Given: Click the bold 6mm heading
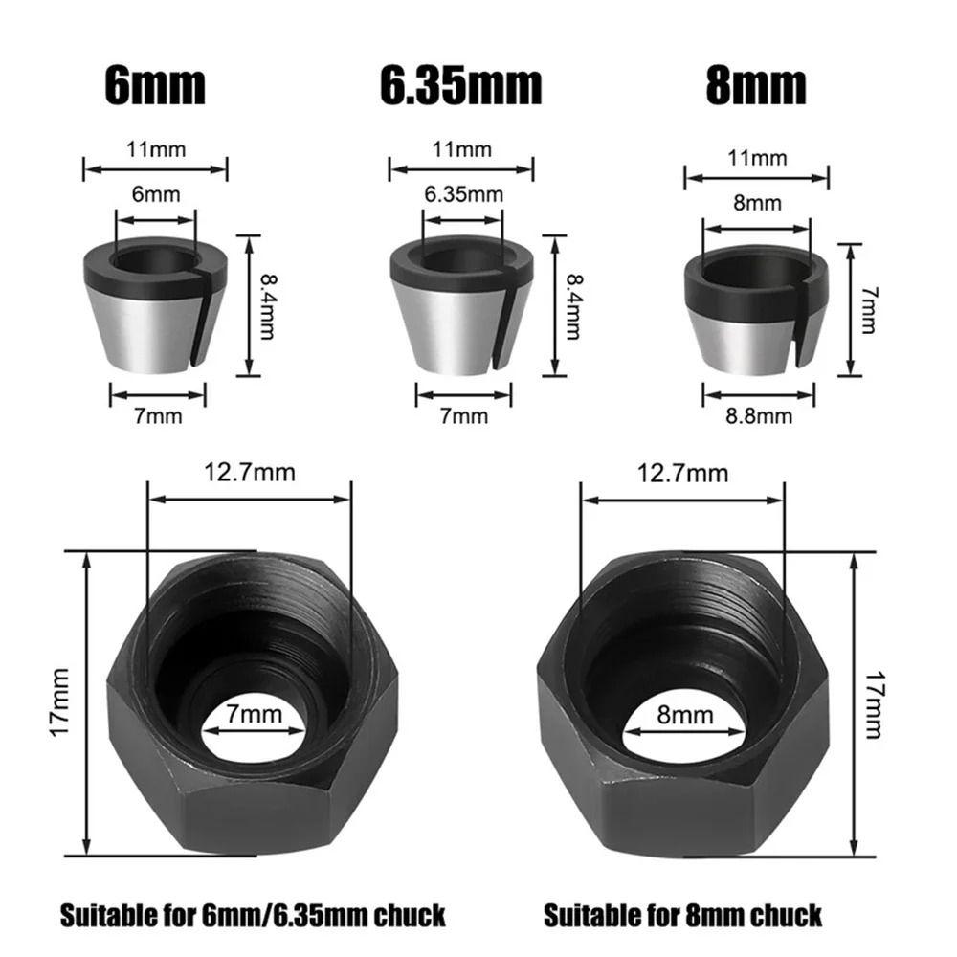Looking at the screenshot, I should tap(154, 86).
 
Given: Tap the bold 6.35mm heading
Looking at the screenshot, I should tap(460, 86).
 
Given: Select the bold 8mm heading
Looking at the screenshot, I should tap(756, 86).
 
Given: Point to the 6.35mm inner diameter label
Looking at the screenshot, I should tap(463, 194).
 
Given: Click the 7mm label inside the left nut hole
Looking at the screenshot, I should tap(256, 713).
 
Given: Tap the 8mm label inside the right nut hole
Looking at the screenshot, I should tap(687, 714).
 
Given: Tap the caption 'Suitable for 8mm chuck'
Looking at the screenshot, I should tap(682, 915).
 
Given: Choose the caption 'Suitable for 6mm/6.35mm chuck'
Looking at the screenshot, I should tap(253, 915).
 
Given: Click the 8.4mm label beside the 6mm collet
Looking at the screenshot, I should tap(269, 304).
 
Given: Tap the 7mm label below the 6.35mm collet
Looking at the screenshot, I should tap(463, 415).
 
